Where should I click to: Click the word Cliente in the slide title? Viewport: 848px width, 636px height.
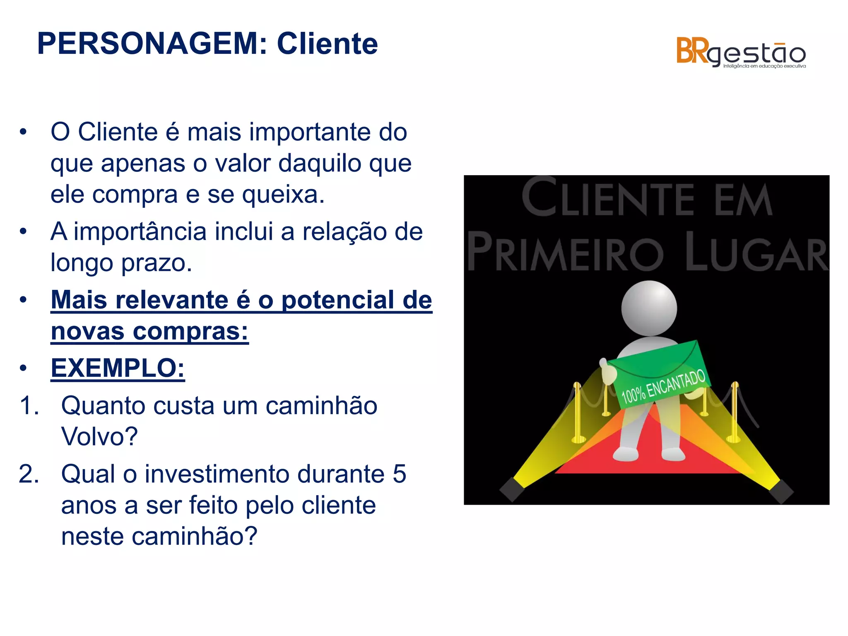click(327, 44)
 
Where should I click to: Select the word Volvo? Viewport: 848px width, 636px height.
click(99, 436)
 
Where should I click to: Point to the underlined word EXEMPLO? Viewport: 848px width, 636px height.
click(118, 368)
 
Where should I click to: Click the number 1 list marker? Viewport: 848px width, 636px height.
click(29, 405)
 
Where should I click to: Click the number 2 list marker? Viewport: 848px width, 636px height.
click(29, 474)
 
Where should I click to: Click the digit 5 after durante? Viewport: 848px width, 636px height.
click(399, 474)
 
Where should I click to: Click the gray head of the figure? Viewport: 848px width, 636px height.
click(649, 308)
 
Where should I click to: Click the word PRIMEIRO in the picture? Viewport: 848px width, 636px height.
click(566, 253)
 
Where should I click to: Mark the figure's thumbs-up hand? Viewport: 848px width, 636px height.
click(608, 371)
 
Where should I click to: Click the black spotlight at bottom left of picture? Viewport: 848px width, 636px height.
click(512, 489)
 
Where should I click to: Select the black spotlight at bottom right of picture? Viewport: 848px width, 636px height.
click(781, 491)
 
